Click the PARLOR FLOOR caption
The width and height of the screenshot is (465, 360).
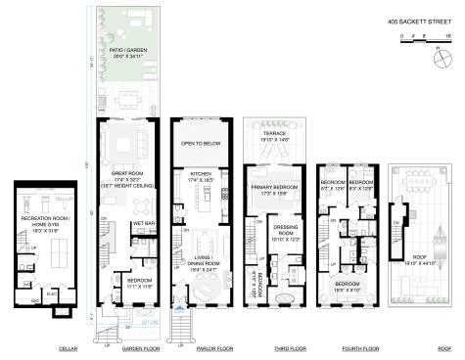[x=199, y=347]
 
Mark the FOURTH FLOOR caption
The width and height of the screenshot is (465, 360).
[x=348, y=347]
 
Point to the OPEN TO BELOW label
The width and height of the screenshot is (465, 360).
[x=200, y=143]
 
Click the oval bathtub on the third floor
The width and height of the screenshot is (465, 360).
[x=284, y=298]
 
